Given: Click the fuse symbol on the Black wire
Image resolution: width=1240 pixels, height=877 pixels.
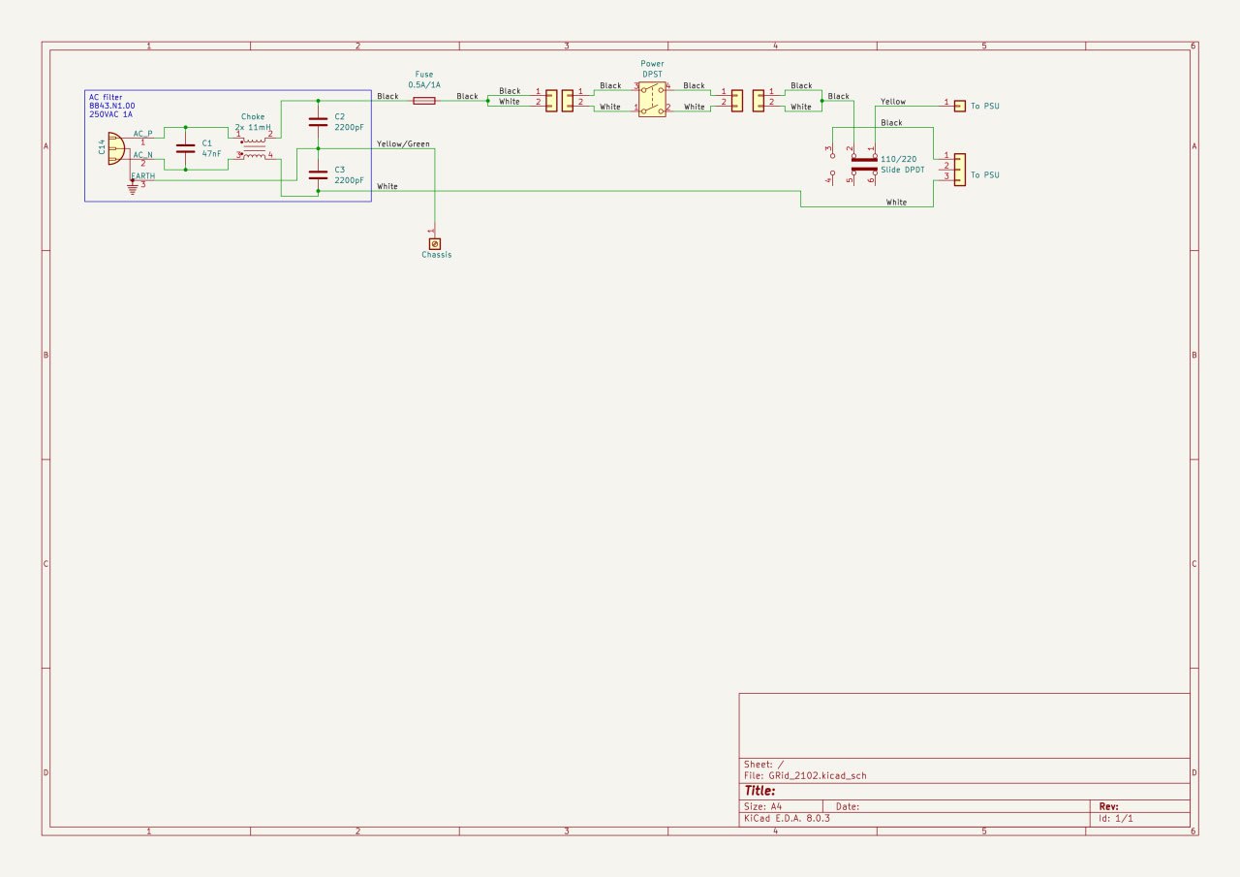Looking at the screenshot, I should [x=423, y=100].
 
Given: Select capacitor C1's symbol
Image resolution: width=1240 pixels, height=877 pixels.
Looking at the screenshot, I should [x=185, y=148].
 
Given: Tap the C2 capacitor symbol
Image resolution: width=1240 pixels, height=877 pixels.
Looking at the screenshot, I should [x=317, y=122].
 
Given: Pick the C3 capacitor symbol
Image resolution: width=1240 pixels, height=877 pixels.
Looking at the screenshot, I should [x=317, y=174].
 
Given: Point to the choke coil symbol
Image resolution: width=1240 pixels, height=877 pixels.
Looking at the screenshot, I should [x=254, y=145].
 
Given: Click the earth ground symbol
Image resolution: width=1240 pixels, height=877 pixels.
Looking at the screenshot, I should [x=133, y=189].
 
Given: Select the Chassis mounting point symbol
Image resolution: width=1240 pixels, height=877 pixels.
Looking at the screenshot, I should [x=434, y=242].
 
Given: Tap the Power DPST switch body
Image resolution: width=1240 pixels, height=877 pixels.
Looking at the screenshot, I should [x=651, y=100].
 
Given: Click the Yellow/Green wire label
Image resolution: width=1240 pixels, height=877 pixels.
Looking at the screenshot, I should [x=403, y=144].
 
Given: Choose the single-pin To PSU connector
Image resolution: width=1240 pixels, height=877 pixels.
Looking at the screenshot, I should [x=959, y=105].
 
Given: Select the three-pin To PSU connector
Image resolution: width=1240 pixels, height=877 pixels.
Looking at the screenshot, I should [x=959, y=169].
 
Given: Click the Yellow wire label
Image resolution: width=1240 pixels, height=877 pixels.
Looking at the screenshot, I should [x=893, y=102].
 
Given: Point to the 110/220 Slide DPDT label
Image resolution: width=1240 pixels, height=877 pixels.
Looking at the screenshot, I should [x=903, y=164].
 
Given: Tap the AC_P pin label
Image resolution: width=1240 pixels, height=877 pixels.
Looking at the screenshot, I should [x=143, y=133].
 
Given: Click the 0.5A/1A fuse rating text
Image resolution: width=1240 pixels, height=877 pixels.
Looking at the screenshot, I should [x=424, y=85].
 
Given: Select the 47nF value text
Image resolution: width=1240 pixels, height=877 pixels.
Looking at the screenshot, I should [x=212, y=153].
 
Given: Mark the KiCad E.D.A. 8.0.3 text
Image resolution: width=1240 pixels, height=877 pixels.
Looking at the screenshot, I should [x=787, y=818].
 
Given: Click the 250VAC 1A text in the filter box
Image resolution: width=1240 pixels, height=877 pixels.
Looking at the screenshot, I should [x=111, y=114].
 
